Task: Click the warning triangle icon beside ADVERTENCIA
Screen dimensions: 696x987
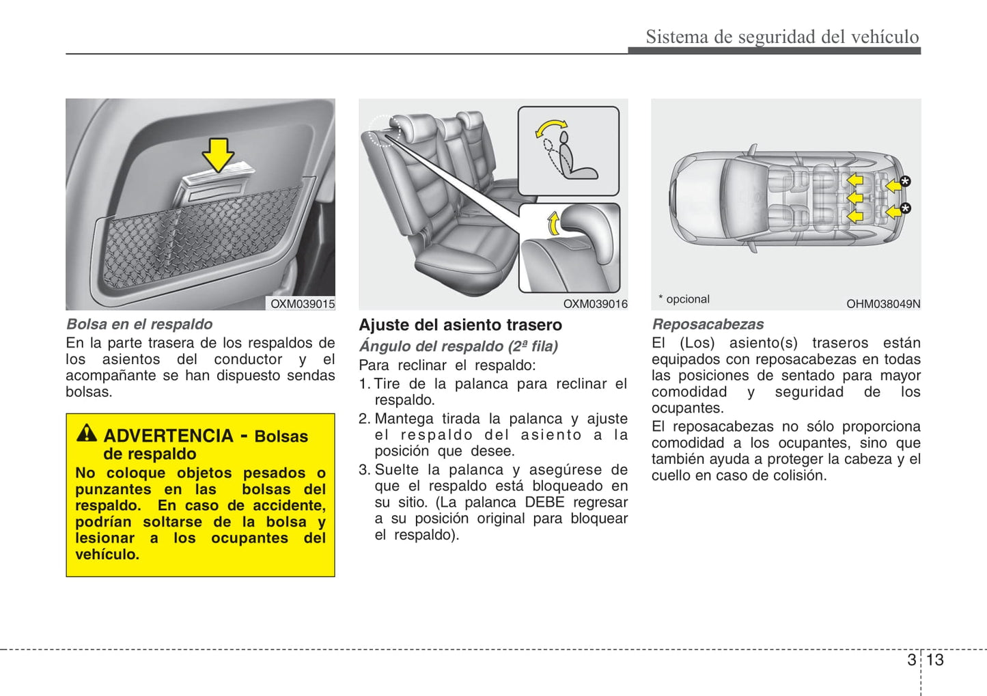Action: click(x=87, y=432)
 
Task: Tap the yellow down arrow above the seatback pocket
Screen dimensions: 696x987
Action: click(x=218, y=154)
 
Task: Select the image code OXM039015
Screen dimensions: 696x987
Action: click(x=303, y=304)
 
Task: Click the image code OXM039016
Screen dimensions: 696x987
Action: click(x=595, y=304)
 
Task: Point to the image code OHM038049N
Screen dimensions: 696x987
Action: click(x=883, y=304)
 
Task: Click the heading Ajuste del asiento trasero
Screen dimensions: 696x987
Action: click(x=460, y=325)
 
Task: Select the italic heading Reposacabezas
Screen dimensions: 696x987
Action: click(x=708, y=324)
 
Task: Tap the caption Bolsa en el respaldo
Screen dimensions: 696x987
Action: click(x=139, y=324)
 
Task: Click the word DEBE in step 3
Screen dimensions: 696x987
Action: click(x=544, y=502)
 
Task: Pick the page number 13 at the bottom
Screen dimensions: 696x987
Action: click(x=935, y=660)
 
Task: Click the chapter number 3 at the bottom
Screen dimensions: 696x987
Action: click(x=911, y=660)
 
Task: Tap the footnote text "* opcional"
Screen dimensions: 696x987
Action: click(x=684, y=299)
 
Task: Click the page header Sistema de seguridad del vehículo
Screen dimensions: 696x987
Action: click(x=782, y=37)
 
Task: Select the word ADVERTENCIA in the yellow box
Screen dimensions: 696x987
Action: click(x=169, y=436)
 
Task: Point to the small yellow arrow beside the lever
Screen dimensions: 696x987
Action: click(x=553, y=223)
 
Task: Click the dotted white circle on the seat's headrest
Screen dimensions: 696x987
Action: click(x=383, y=130)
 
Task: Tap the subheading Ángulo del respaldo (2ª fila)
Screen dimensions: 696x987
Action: click(x=458, y=346)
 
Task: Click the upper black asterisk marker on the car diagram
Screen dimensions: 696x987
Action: click(x=905, y=181)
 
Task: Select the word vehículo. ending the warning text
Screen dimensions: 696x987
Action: click(x=107, y=555)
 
